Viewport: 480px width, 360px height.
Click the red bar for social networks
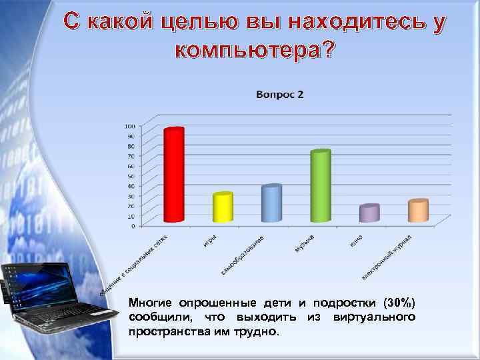(x=173, y=175)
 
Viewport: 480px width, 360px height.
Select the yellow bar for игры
(x=223, y=207)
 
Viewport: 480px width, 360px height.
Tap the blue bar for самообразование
(x=271, y=203)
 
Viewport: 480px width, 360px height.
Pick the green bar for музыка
(x=320, y=186)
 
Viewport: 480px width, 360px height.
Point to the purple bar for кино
(x=369, y=213)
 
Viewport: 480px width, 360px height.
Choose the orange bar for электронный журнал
(x=418, y=211)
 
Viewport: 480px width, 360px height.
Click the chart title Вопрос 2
(x=279, y=95)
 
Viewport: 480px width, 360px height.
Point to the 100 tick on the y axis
(x=129, y=126)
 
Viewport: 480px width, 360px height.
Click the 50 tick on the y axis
(x=131, y=176)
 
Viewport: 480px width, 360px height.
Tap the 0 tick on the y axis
(x=132, y=226)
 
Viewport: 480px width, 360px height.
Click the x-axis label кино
(x=356, y=240)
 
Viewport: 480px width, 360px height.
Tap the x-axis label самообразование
(x=243, y=255)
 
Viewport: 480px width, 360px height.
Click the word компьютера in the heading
(x=251, y=51)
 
